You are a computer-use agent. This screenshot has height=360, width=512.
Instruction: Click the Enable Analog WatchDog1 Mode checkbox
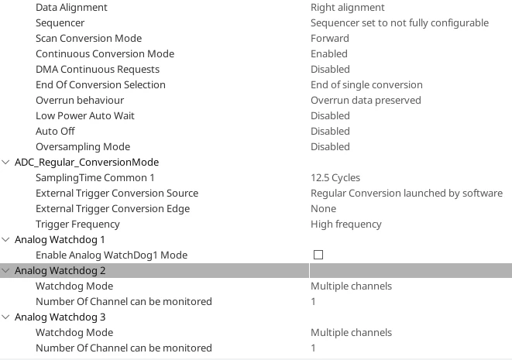[x=318, y=255]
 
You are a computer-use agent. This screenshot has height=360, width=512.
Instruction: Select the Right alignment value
[x=348, y=8]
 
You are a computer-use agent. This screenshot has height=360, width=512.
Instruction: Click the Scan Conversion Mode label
[x=88, y=38]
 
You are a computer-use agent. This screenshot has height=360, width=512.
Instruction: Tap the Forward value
[x=329, y=38]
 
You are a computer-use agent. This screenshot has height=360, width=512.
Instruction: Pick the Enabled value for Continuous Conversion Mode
[x=329, y=54]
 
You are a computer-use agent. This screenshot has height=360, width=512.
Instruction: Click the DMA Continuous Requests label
[x=98, y=69]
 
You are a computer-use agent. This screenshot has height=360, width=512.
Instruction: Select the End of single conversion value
[x=366, y=85]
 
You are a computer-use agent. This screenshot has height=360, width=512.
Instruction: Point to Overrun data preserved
[x=366, y=100]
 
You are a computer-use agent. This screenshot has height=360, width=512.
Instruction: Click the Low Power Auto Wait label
[x=85, y=116]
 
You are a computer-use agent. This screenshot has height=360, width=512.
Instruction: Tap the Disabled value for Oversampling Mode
[x=330, y=147]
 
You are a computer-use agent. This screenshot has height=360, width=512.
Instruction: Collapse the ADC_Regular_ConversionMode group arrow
[x=5, y=162]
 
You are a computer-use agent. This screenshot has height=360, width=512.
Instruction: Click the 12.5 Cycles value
[x=335, y=178]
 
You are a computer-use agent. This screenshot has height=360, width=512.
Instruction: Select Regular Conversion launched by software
[x=407, y=194]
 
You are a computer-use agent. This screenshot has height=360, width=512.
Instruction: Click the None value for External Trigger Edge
[x=323, y=209]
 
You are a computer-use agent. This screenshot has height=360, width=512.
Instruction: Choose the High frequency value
[x=345, y=225]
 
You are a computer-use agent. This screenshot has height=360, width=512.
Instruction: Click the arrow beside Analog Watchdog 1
[x=5, y=239]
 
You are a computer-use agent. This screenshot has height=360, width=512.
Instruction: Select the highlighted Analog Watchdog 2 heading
[x=60, y=270]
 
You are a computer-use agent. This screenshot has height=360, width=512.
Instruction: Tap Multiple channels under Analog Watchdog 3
[x=351, y=333]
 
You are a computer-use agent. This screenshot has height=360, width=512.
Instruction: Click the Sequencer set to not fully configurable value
[x=400, y=23]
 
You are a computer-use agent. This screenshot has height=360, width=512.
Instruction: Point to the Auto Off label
[x=55, y=131]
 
